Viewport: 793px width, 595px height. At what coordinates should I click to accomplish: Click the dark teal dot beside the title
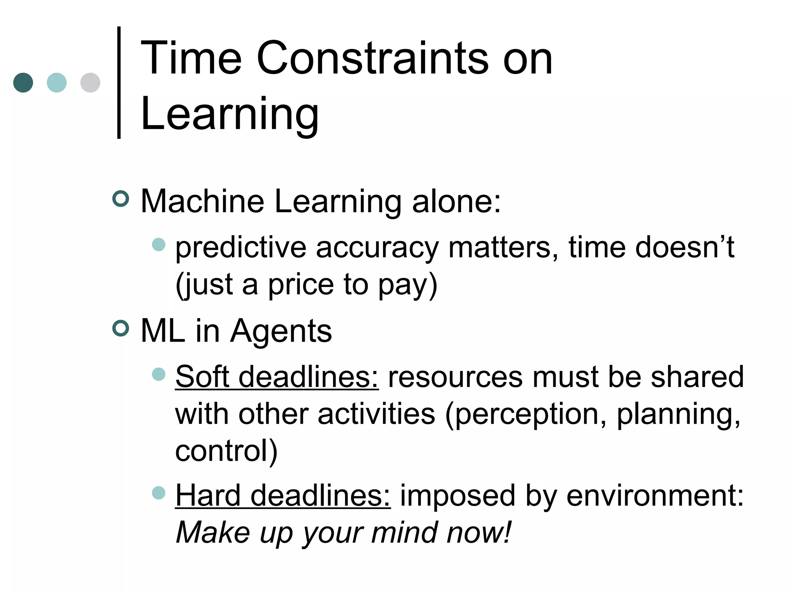coord(23,83)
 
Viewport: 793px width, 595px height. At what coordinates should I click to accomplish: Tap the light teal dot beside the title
coord(57,83)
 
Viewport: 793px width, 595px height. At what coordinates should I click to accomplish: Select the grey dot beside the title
coord(90,83)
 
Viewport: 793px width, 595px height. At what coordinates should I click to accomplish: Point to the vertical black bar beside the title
coord(119,82)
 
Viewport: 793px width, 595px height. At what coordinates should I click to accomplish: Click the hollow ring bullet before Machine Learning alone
coord(120,199)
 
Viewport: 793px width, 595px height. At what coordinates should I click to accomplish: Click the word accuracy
coord(377,248)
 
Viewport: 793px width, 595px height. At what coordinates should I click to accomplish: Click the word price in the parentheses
coord(301,284)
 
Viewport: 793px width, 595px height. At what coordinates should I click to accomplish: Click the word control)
coord(227,451)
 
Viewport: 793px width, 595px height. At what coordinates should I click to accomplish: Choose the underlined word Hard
coord(208,495)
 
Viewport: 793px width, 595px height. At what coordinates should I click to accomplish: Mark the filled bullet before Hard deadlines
coord(159,493)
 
